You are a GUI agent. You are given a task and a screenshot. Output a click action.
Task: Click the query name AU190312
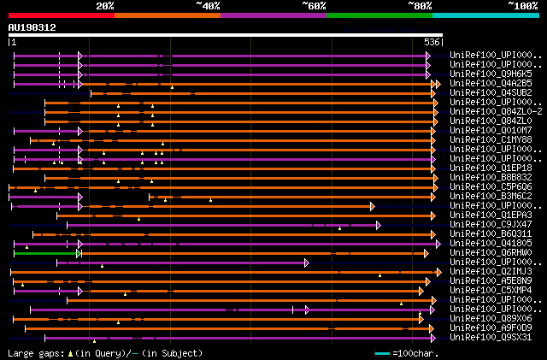click(x=32, y=27)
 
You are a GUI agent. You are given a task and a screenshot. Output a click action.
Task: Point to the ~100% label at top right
click(x=522, y=5)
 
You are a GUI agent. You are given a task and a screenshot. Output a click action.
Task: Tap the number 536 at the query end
click(x=432, y=42)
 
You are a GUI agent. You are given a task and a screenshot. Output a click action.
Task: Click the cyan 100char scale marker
click(x=382, y=353)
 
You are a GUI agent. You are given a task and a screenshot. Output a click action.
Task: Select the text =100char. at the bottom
click(x=414, y=353)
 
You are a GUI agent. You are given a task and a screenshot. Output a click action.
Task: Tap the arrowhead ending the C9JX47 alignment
click(x=378, y=225)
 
